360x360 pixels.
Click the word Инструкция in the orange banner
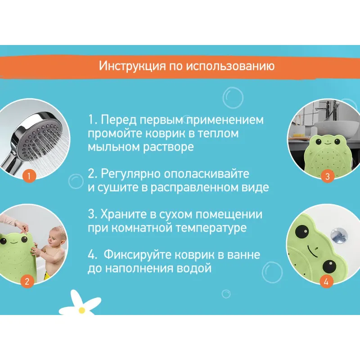(132, 66)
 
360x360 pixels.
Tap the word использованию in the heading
(230, 66)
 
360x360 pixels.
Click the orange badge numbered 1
(29, 176)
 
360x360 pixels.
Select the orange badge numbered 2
(27, 281)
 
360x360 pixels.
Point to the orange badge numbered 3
(328, 176)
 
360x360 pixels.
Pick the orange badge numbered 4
(326, 282)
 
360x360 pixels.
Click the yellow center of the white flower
(82, 310)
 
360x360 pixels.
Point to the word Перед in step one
(119, 120)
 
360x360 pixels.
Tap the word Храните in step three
(123, 214)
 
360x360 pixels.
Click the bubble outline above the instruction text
(233, 98)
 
